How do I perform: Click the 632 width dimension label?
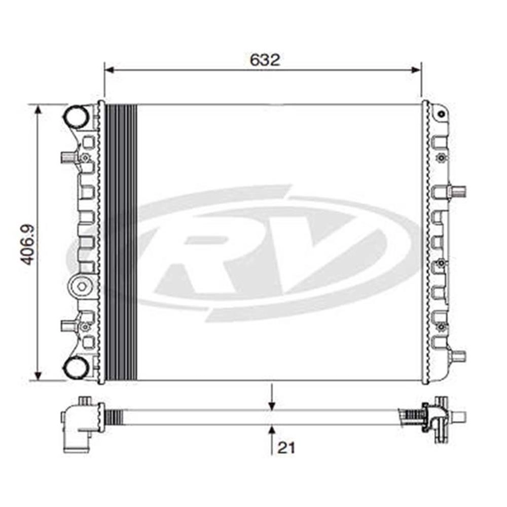[265, 60]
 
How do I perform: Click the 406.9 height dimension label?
[28, 245]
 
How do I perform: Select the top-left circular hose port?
[77, 116]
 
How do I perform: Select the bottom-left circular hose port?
[77, 369]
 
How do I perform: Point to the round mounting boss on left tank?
[82, 286]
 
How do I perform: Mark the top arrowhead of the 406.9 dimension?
[39, 110]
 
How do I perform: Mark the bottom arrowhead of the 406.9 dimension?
[39, 375]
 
